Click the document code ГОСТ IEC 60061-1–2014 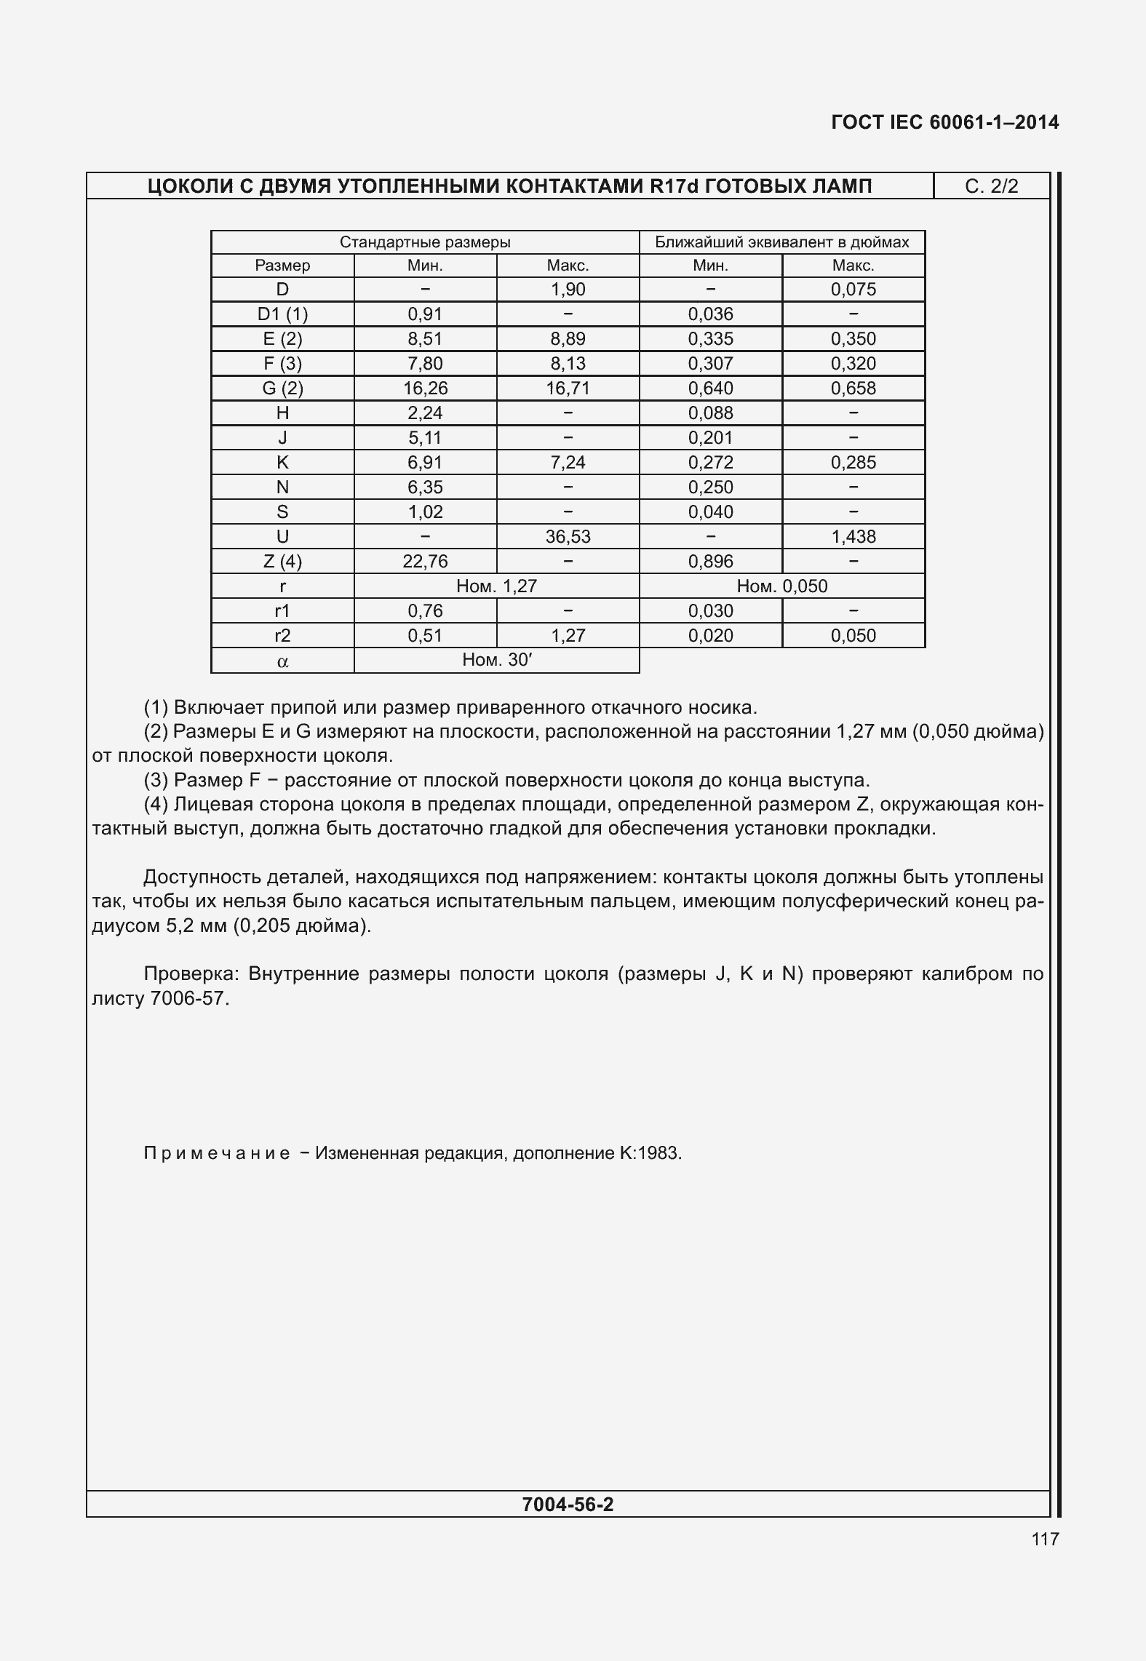click(944, 122)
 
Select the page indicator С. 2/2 click(991, 186)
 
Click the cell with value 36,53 click(568, 537)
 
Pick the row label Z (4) click(282, 562)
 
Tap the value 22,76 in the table click(425, 562)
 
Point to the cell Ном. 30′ click(497, 660)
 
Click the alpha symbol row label click(282, 661)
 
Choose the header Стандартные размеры click(425, 242)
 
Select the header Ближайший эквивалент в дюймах click(781, 242)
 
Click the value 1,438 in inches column click(853, 537)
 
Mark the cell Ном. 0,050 click(781, 586)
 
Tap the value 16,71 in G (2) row click(568, 389)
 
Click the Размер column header click(282, 266)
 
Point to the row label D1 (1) click(282, 314)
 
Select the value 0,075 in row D click(853, 290)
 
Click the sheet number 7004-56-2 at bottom click(568, 1505)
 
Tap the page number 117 click(1044, 1539)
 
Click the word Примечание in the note click(216, 1153)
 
